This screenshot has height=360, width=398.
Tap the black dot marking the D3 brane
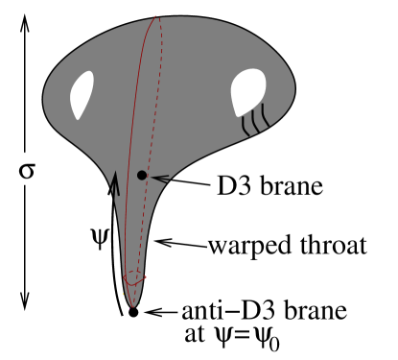point(142,176)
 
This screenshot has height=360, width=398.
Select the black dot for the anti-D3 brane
point(133,312)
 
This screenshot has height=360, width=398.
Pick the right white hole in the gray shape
point(246,96)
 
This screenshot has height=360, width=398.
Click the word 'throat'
point(332,246)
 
